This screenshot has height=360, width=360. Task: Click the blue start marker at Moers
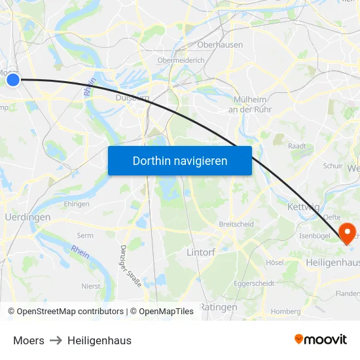pyautogui.click(x=13, y=79)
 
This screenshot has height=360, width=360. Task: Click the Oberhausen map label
pyautogui.click(x=220, y=45)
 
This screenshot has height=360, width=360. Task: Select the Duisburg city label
pyautogui.click(x=132, y=98)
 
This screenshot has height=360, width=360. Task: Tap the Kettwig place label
pyautogui.click(x=302, y=207)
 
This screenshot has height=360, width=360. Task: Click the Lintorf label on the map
pyautogui.click(x=200, y=251)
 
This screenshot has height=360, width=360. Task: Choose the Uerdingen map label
pyautogui.click(x=27, y=217)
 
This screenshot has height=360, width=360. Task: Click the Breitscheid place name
pyautogui.click(x=236, y=224)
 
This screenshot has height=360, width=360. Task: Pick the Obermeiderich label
pyautogui.click(x=181, y=60)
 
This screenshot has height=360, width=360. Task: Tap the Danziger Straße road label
pyautogui.click(x=131, y=266)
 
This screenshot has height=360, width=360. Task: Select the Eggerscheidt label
pyautogui.click(x=255, y=283)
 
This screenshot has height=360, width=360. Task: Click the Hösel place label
pyautogui.click(x=275, y=262)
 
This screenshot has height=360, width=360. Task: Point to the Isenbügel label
pyautogui.click(x=314, y=236)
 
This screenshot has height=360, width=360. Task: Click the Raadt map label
pyautogui.click(x=297, y=146)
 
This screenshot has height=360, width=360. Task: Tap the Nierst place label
pyautogui.click(x=90, y=286)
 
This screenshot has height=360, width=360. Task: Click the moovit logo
pyautogui.click(x=321, y=340)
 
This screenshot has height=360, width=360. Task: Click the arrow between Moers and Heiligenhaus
pyautogui.click(x=56, y=340)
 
